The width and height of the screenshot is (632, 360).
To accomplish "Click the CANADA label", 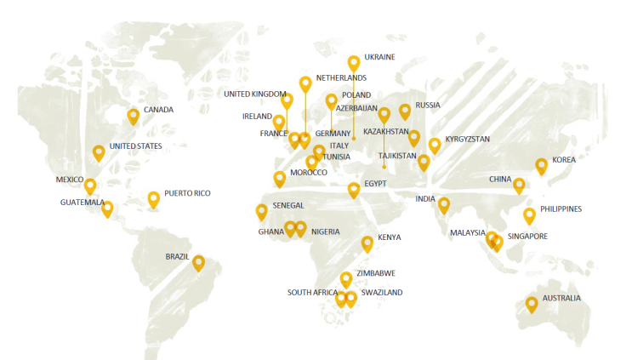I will pos(158,110).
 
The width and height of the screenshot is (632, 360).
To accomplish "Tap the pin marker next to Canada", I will pos(134,116).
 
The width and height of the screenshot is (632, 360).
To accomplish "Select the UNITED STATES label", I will pos(135,146).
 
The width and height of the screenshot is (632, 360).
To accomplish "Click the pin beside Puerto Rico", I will pos(154,198).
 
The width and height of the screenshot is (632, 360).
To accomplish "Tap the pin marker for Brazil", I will pos(199,262).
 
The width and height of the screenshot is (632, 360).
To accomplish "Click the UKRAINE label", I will pos(379,57).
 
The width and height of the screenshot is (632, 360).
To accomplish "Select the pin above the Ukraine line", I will pos(354,62).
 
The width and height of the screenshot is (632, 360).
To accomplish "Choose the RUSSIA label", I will pos(428,106).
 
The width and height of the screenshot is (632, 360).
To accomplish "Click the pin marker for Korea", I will pos(541,165).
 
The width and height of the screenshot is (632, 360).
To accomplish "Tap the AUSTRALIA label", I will pos(561,298).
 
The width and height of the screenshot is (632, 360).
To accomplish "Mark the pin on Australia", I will pos(532,302).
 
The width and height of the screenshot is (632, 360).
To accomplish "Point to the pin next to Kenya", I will pos(367,243).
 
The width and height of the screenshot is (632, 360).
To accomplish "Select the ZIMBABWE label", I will pos(378,273).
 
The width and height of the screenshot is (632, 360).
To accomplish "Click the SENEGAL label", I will pos(288,206).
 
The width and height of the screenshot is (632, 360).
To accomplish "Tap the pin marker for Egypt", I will pos(354,189).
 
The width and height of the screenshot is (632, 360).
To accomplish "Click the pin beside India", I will pos(444,203).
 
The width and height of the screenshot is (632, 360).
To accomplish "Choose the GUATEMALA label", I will pos(82,203).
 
